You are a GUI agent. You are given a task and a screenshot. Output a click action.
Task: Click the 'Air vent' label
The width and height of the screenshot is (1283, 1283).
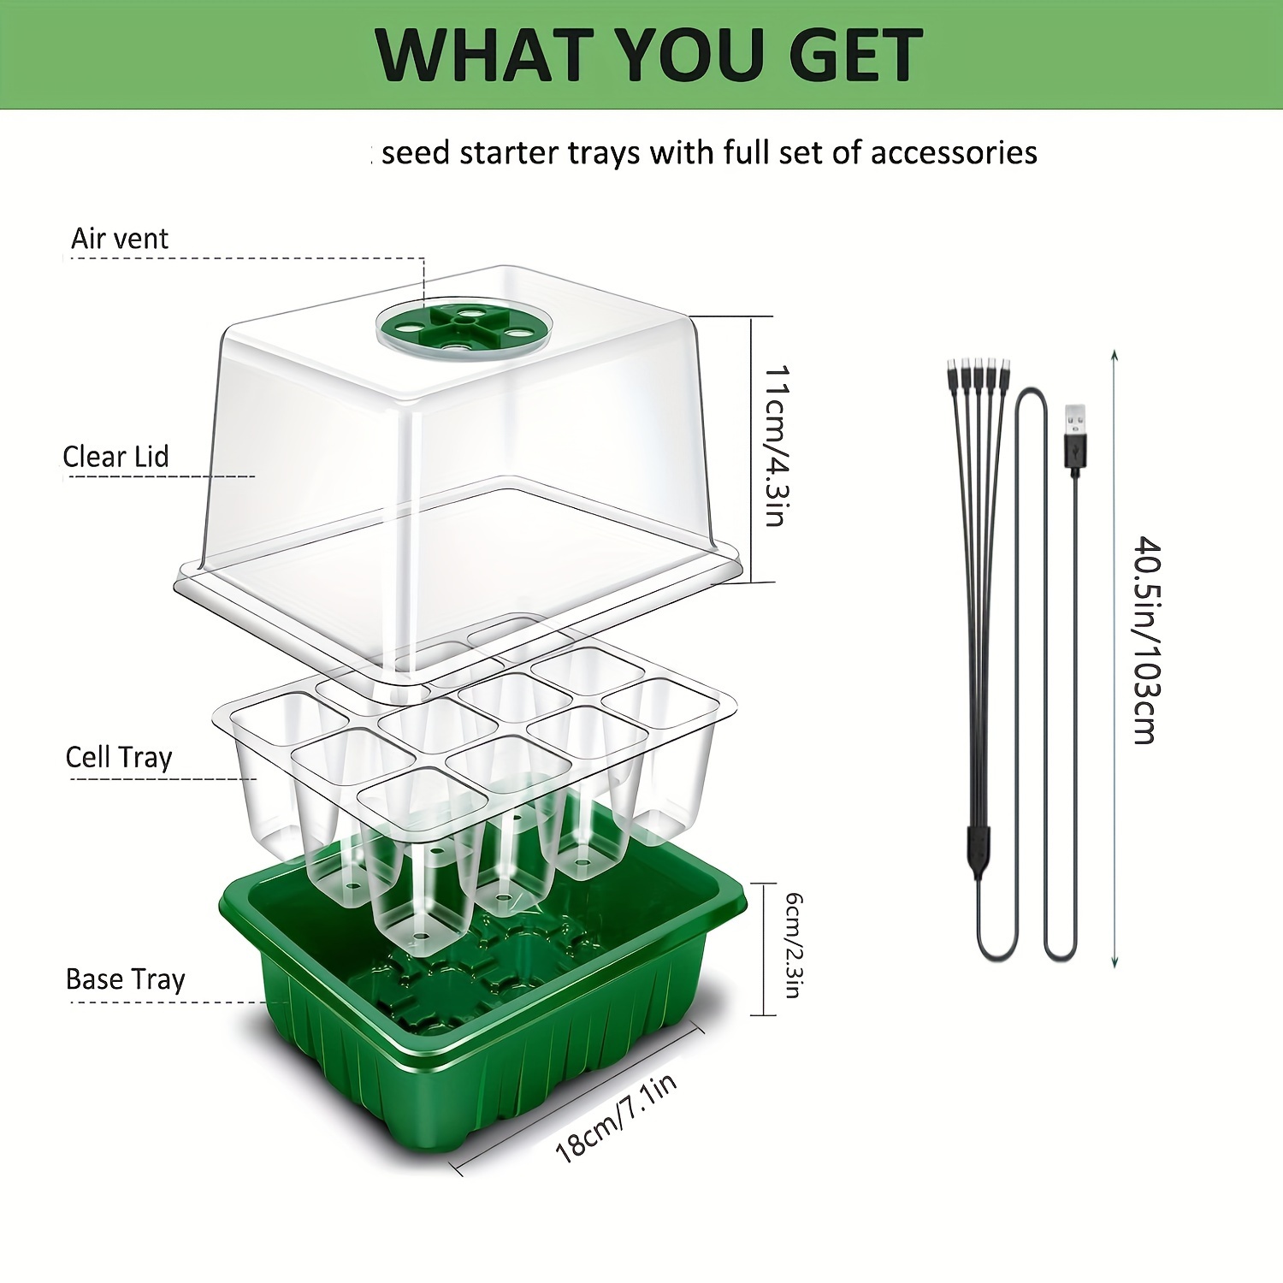click(x=120, y=239)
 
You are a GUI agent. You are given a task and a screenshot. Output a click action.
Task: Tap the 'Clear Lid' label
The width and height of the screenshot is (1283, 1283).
click(x=115, y=457)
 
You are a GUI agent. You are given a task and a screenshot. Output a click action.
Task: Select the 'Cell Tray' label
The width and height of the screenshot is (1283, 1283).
click(x=119, y=758)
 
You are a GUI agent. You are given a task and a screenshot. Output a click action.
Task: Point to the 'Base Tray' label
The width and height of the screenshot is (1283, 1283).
click(x=126, y=979)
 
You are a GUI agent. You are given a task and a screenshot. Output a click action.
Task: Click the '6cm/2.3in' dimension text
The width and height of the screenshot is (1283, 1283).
click(x=794, y=945)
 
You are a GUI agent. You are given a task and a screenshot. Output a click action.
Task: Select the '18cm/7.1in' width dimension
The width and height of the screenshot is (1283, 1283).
click(x=617, y=1117)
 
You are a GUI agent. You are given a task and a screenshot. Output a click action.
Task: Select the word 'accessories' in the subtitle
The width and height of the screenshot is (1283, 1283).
click(x=954, y=153)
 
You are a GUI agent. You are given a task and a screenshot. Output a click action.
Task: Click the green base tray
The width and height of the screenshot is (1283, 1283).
click(x=483, y=1009)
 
